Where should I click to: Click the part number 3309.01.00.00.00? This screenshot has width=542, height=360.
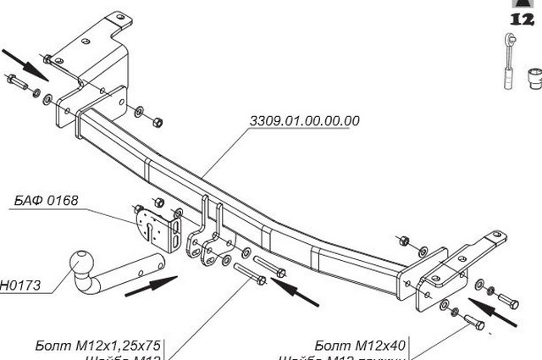click(304, 121)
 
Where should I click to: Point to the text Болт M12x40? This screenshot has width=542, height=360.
click(360, 345)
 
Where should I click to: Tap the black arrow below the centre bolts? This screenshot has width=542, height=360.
click(296, 292)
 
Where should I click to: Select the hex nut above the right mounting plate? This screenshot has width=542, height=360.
click(403, 240)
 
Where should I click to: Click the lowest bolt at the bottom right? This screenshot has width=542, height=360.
click(472, 322)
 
